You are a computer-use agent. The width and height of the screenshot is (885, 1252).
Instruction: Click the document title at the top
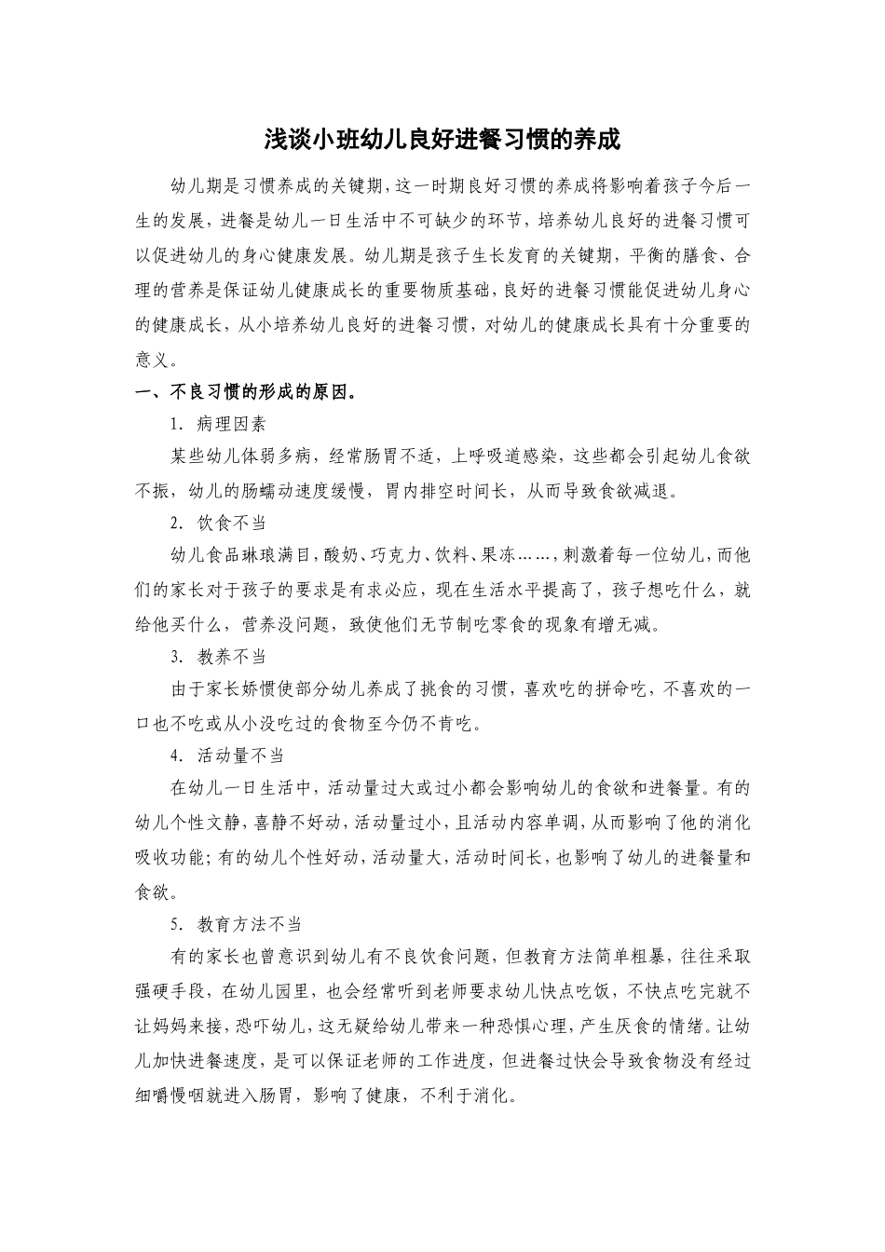[x=442, y=141]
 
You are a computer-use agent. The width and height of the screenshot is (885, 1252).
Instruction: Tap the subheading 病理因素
[x=231, y=424]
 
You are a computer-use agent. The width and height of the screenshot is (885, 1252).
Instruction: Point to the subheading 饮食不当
[x=231, y=524]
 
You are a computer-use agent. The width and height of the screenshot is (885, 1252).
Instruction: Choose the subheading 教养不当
[x=231, y=657]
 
